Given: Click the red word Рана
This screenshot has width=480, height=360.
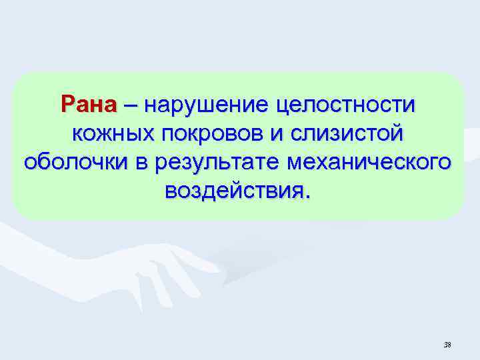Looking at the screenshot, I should click(89, 105).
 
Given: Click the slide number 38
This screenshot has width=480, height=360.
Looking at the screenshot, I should click(447, 345).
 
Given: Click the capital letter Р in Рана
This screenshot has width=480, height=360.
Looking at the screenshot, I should click(68, 105).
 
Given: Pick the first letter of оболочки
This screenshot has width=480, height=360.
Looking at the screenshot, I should click(30, 163).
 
